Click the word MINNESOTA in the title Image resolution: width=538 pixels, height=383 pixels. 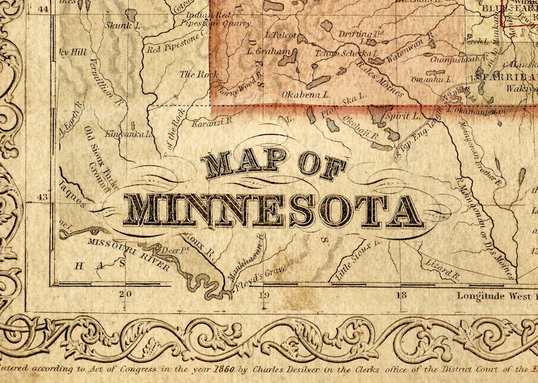(274, 210)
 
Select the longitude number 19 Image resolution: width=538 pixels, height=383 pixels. (263, 295)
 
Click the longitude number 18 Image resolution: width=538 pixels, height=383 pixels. (401, 295)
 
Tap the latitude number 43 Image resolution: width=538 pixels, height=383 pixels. (42, 197)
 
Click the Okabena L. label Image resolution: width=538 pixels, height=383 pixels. (306, 94)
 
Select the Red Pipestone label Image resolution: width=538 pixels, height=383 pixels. (173, 48)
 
